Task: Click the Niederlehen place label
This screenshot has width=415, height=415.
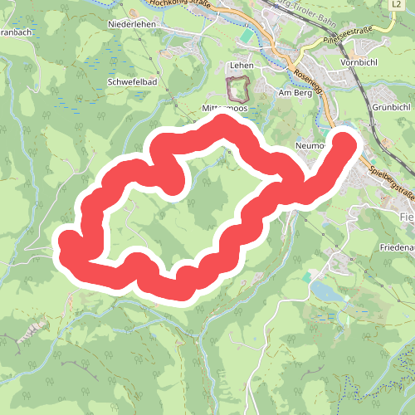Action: tap(133, 25)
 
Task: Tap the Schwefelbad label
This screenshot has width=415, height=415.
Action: tap(133, 83)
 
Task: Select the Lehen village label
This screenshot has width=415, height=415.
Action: tap(241, 64)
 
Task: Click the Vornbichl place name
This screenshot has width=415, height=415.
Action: tap(359, 62)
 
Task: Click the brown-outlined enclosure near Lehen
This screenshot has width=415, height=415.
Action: tap(239, 88)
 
